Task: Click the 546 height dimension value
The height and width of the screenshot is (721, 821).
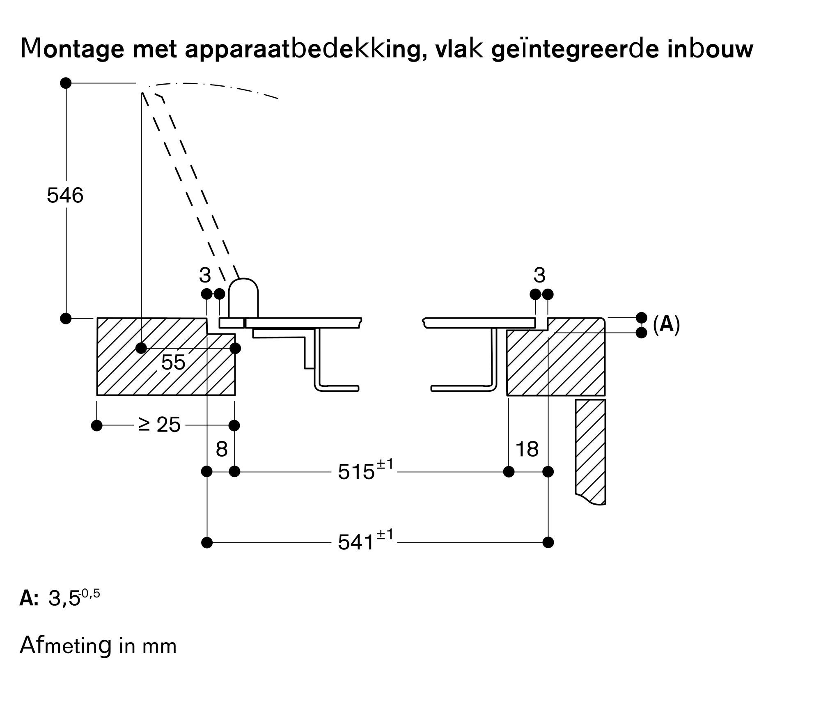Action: coord(65,195)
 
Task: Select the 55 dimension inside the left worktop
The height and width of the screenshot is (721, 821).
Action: coord(173,362)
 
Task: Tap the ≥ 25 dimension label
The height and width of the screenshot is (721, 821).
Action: coord(159,425)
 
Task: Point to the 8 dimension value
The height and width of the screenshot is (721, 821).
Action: coord(221,449)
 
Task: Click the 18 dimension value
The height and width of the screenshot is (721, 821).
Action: coord(527,449)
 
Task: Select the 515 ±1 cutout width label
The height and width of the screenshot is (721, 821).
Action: coord(365,471)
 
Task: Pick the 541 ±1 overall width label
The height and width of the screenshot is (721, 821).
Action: coord(365,542)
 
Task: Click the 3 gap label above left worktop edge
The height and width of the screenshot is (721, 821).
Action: coord(205,275)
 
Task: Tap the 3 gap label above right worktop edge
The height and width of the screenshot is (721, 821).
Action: coord(539,275)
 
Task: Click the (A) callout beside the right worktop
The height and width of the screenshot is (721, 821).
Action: coord(666,324)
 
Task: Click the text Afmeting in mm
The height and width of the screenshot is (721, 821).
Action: coord(98,645)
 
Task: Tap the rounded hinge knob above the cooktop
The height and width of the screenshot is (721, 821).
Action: coord(243,297)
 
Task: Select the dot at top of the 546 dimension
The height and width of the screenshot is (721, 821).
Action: coord(66,83)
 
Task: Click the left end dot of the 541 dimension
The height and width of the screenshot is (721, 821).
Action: coord(207,542)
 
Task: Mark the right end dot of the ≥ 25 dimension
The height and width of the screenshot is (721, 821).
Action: coord(234,425)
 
